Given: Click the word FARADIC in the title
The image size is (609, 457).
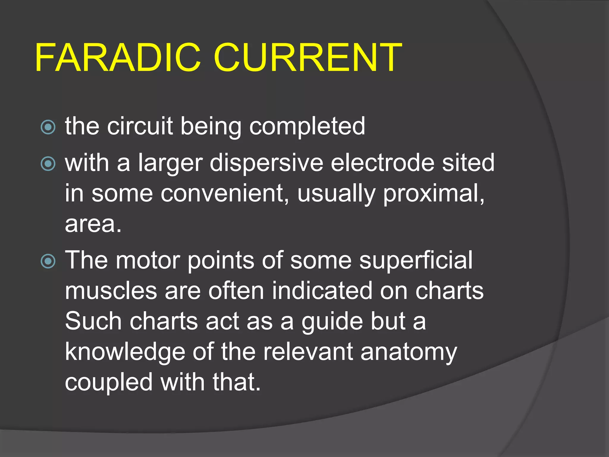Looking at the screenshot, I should coord(118,58).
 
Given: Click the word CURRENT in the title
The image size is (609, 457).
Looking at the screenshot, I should coord(307,58).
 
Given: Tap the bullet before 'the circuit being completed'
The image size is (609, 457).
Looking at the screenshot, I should coord(48,127).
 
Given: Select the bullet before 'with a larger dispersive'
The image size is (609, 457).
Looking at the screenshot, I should coord(48,164).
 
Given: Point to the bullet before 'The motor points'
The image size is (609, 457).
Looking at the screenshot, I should coord(48,261).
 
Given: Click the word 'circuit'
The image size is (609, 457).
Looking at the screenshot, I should coord(140,126).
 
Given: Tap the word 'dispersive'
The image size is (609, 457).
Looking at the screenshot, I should coord(266,164).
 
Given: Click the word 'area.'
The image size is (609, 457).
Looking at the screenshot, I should coord(93,224).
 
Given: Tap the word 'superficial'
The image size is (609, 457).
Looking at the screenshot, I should coord(416,261).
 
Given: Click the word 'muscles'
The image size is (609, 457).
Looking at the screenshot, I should coord(111,291).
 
